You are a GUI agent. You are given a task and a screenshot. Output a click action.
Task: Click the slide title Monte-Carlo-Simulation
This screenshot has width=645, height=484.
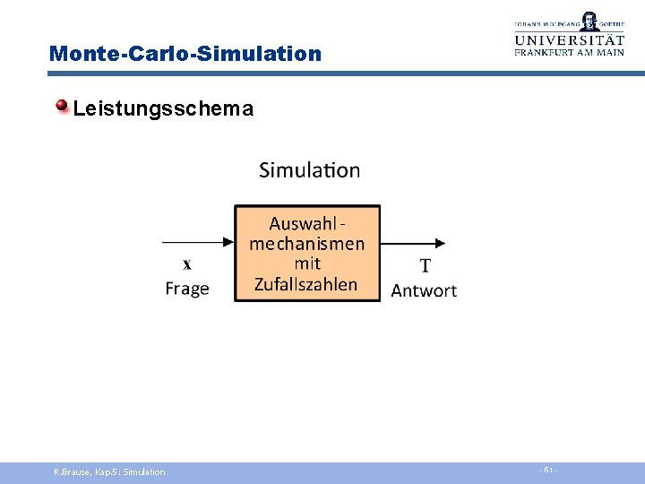click(x=185, y=54)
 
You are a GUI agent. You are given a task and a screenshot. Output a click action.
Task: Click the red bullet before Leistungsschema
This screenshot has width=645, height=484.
click(x=63, y=108)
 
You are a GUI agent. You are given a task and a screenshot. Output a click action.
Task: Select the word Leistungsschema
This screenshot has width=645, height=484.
click(x=163, y=109)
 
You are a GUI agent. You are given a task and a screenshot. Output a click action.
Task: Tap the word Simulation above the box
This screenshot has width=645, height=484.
click(x=309, y=170)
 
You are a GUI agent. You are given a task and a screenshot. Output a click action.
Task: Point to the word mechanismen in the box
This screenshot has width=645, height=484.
click(x=307, y=244)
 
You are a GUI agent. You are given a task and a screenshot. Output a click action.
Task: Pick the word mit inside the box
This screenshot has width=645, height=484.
click(x=307, y=264)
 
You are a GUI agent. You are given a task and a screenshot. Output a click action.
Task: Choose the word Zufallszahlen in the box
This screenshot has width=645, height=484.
click(x=306, y=284)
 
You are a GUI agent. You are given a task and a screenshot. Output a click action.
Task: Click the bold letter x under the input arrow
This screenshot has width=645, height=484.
click(x=187, y=264)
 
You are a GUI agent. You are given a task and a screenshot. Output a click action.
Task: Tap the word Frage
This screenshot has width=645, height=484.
click(x=187, y=289)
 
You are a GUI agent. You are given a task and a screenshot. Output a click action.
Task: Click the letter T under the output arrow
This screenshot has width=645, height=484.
click(x=425, y=265)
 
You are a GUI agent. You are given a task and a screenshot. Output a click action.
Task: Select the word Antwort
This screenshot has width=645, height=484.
click(x=424, y=290)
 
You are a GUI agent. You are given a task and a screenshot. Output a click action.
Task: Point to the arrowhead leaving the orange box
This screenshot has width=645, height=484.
click(x=439, y=242)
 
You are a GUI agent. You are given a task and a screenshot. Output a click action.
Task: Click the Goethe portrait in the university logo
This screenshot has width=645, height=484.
click(x=589, y=21)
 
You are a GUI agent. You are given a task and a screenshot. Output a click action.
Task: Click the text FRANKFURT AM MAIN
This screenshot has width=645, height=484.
click(x=569, y=53)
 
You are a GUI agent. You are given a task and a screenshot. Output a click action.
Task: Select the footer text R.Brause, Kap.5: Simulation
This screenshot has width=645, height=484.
click(x=109, y=471)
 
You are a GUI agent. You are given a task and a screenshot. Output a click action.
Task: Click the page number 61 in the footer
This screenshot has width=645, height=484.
click(x=547, y=471)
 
